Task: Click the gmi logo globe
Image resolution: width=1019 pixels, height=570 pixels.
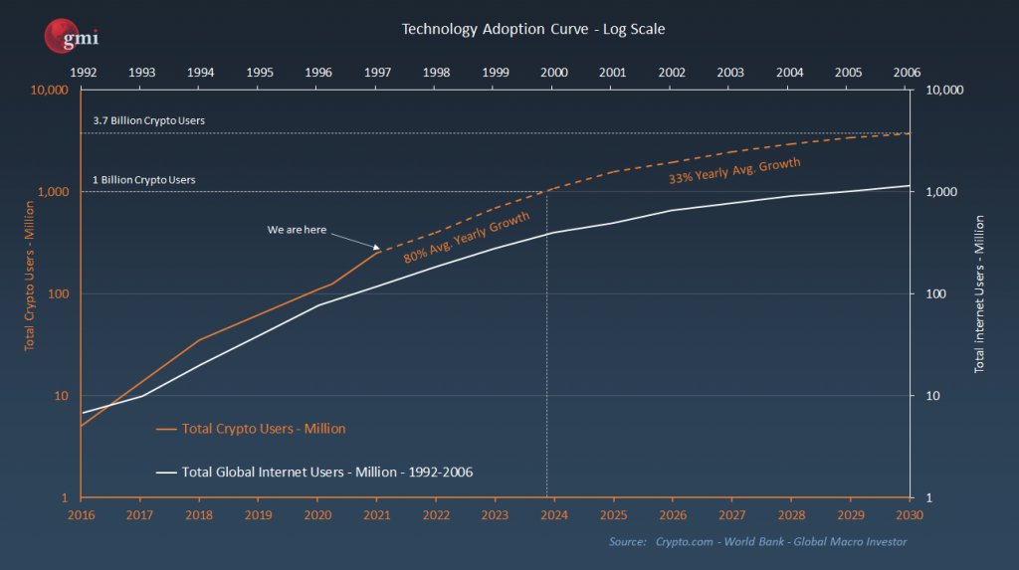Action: pos(58,37)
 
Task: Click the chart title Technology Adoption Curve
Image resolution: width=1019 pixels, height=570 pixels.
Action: pos(532,29)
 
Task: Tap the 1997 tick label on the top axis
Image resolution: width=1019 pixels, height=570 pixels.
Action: pos(377,73)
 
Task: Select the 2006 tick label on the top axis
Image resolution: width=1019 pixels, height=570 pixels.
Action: pos(907,73)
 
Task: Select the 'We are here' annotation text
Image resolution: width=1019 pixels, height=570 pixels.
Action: pos(297,230)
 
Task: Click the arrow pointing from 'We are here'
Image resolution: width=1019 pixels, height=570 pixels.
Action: pos(354,240)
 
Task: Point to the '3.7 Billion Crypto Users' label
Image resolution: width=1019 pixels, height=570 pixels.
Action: pos(148,120)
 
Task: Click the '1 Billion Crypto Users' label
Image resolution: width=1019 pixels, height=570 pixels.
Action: pos(144,180)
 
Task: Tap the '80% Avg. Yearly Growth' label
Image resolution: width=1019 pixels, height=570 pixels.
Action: pos(466,237)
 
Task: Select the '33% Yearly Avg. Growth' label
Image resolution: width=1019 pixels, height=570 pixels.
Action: pos(733,170)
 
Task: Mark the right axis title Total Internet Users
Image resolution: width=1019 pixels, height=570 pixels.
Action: pos(979,293)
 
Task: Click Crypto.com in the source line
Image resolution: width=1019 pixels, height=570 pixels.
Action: pos(688,541)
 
